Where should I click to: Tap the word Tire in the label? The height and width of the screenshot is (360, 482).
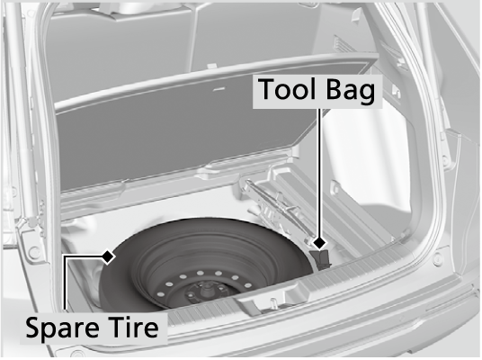click(133, 327)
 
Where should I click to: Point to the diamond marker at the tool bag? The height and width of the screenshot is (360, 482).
click(320, 243)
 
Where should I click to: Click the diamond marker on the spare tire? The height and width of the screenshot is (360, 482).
click(108, 256)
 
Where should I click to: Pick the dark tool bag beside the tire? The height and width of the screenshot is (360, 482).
click(321, 260)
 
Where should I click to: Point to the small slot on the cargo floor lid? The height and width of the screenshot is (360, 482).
click(219, 89)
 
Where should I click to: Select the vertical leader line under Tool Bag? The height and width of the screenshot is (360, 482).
click(319, 173)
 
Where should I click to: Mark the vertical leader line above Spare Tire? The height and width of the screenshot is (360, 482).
click(65, 283)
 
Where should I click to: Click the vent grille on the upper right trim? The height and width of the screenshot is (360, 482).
click(344, 45)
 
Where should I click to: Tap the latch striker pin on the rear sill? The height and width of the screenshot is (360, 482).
click(272, 303)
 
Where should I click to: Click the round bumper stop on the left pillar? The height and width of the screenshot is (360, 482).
click(31, 253)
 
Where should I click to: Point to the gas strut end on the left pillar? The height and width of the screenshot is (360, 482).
click(24, 220)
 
